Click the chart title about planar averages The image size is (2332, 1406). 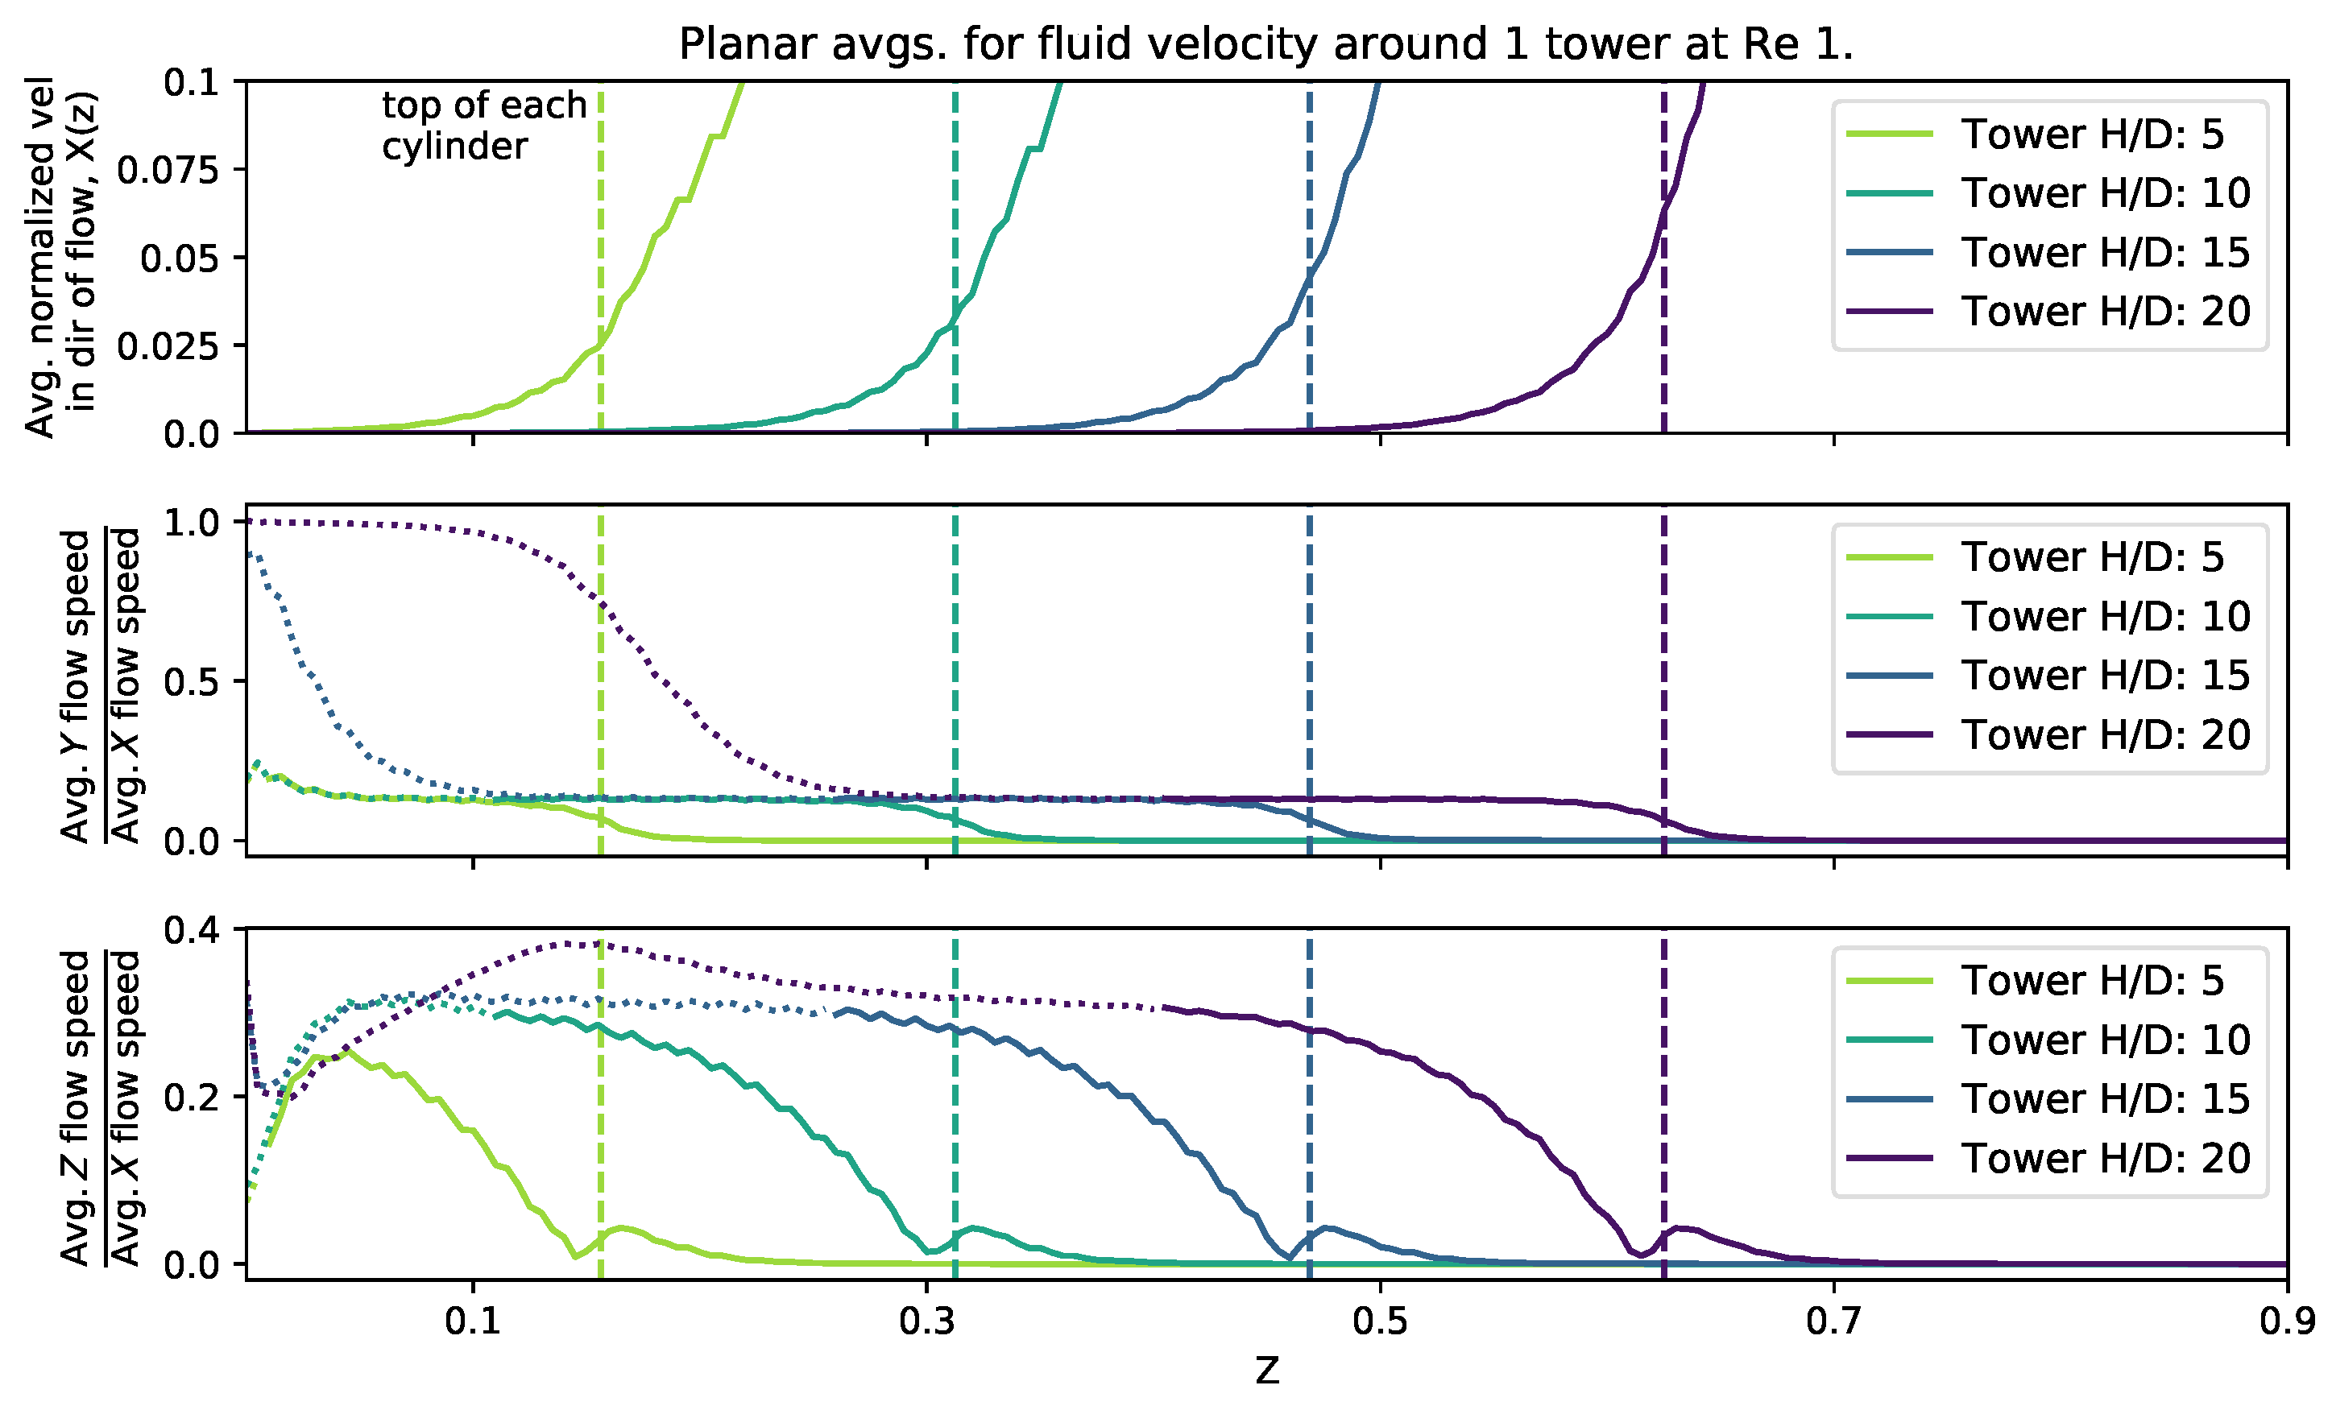(x=1265, y=44)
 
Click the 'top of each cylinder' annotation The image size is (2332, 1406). (x=483, y=126)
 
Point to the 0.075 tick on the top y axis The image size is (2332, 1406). (x=168, y=170)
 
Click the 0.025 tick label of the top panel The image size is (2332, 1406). (x=168, y=346)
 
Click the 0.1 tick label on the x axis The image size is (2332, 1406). (x=472, y=1321)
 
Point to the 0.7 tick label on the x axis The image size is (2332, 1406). (x=1833, y=1321)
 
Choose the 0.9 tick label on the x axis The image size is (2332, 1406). (x=2287, y=1321)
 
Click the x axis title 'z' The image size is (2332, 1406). (x=1266, y=1369)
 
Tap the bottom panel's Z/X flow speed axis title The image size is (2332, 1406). (x=99, y=1107)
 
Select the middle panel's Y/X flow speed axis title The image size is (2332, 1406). (x=99, y=685)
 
